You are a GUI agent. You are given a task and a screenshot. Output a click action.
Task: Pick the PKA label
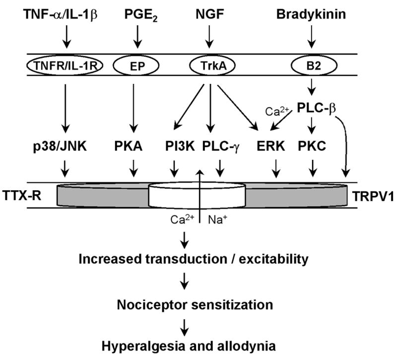[132, 148]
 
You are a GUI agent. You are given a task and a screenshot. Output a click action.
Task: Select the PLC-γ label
[222, 148]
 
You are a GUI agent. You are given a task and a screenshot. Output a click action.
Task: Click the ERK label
[274, 148]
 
